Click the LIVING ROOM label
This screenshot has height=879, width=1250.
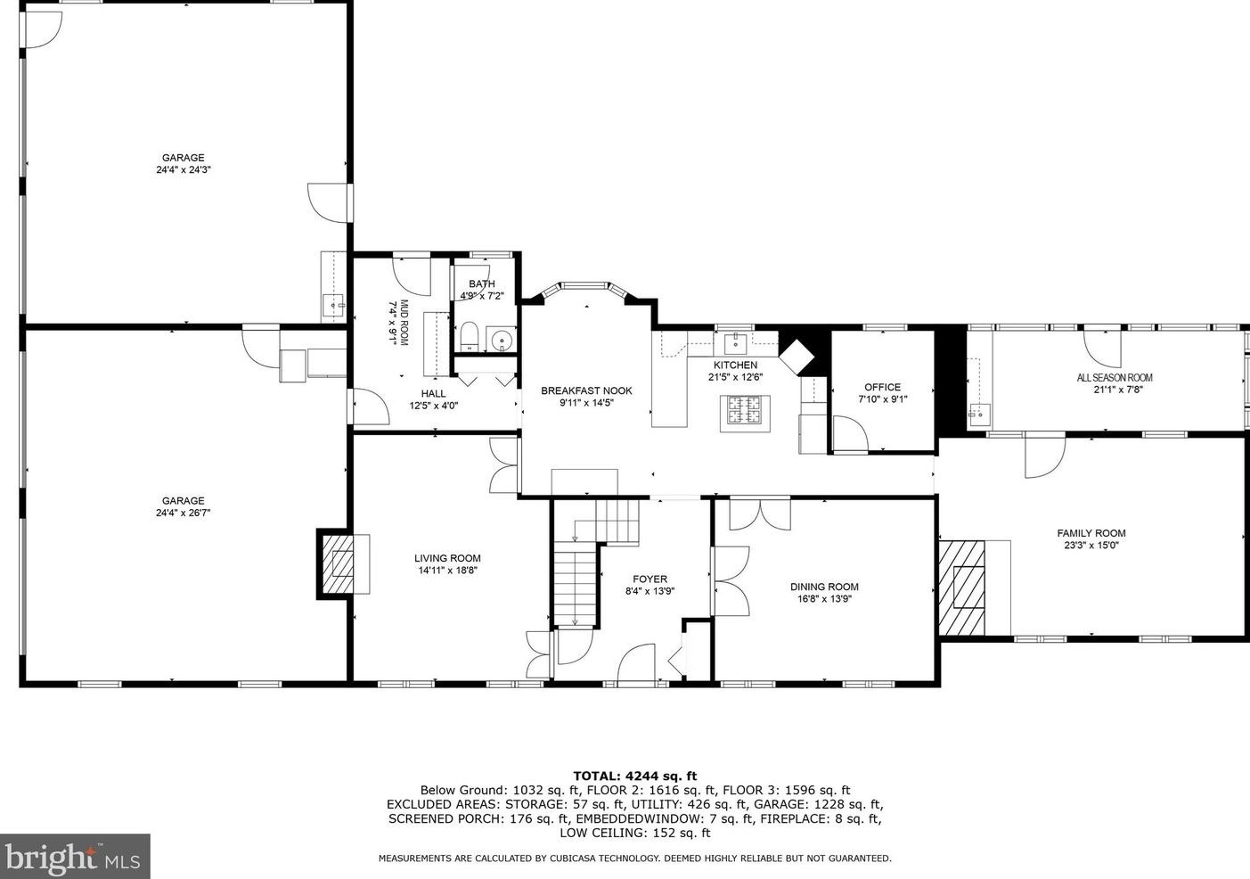pyautogui.click(x=447, y=558)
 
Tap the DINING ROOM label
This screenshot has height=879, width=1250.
pyautogui.click(x=824, y=587)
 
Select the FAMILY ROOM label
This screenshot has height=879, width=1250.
pyautogui.click(x=1091, y=533)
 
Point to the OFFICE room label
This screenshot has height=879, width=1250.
pyautogui.click(x=882, y=387)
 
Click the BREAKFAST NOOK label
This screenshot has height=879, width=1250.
pyautogui.click(x=586, y=391)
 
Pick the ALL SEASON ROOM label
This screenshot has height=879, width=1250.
pyautogui.click(x=1115, y=377)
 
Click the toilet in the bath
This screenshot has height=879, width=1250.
pyautogui.click(x=470, y=336)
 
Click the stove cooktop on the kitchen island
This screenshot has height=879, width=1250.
pyautogui.click(x=745, y=414)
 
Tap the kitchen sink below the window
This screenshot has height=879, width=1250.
pyautogui.click(x=736, y=341)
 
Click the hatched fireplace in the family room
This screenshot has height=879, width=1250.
pyautogui.click(x=962, y=587)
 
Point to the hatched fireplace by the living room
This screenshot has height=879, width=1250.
pyautogui.click(x=338, y=563)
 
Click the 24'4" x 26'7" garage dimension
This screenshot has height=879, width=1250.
pyautogui.click(x=183, y=513)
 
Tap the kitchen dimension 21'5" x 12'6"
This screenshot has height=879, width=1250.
pyautogui.click(x=736, y=377)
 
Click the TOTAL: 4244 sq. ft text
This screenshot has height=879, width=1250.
pyautogui.click(x=635, y=776)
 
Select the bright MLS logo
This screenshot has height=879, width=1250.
pyautogui.click(x=75, y=857)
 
